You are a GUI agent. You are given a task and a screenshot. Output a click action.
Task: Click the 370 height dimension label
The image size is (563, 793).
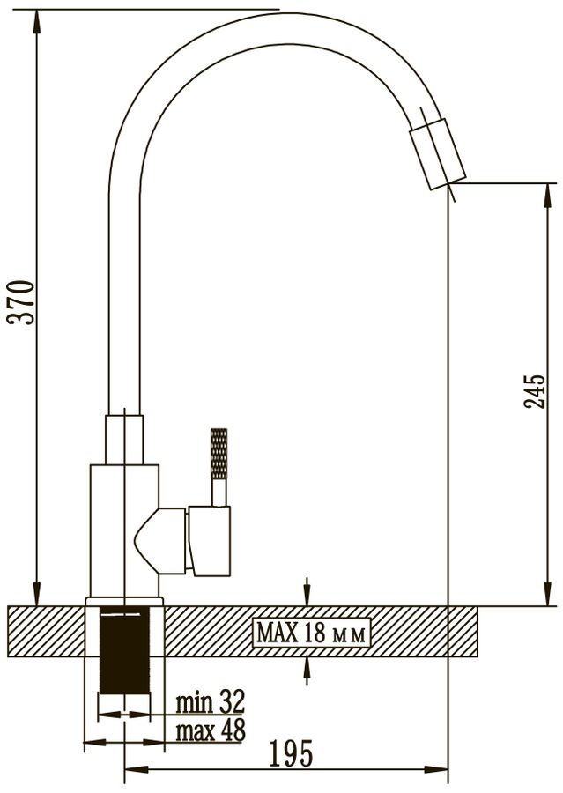point(21,302)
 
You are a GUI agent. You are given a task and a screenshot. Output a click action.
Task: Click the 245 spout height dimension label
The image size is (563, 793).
point(534,392)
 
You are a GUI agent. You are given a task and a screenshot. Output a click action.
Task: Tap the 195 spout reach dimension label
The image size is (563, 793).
point(292,754)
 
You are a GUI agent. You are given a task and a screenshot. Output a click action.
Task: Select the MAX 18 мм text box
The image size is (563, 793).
point(312,633)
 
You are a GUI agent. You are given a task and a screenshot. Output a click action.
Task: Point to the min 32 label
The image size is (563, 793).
point(210,701)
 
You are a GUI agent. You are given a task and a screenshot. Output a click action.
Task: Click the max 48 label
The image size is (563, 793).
point(211,730)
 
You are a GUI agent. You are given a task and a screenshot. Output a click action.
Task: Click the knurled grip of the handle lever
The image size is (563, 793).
point(219,454)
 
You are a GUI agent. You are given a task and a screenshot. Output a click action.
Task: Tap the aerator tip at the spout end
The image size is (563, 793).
point(437,154)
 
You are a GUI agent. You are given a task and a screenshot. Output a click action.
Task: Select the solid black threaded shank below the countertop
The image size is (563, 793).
point(124,650)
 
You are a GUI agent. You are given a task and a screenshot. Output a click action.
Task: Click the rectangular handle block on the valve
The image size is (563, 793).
point(210,540)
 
